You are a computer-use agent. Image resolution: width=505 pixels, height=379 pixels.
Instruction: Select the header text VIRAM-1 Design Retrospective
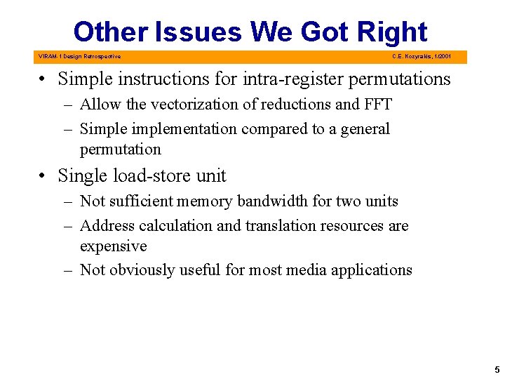pyautogui.click(x=80, y=57)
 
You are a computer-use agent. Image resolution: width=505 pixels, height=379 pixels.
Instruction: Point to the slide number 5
pyautogui.click(x=497, y=369)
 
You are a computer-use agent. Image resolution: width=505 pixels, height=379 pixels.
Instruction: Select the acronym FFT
pyautogui.click(x=377, y=105)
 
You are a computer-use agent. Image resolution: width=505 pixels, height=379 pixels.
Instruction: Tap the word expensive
pyautogui.click(x=113, y=246)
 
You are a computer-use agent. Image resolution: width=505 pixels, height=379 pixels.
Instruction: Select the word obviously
pyautogui.click(x=143, y=270)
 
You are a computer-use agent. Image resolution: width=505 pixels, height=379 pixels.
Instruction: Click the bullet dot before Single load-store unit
pyautogui.click(x=43, y=176)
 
